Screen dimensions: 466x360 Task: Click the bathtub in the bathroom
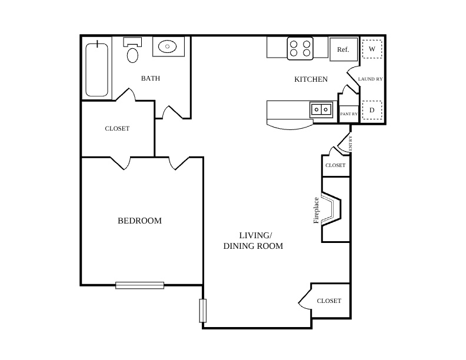coord(96,70)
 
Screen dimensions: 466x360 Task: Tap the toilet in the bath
coord(132,50)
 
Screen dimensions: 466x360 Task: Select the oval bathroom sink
coord(167,46)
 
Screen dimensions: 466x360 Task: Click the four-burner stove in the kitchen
coord(300,48)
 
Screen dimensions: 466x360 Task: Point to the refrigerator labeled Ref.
coord(344,49)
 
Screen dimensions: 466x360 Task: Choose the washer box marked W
coord(372,49)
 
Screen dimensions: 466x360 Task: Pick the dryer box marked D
coord(372,110)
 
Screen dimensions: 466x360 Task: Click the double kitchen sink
coord(321,109)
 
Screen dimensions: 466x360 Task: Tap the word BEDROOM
coord(139,221)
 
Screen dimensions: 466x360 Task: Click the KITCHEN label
coord(311,79)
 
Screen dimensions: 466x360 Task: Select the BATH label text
coord(151,78)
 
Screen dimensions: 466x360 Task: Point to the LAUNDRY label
coord(370,79)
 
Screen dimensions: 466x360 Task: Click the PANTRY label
coord(349,114)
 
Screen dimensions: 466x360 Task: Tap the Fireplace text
coord(316,211)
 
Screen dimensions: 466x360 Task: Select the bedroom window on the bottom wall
coord(139,285)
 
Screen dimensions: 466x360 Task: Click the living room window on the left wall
coord(202,311)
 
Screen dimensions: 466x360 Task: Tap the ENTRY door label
coord(351,143)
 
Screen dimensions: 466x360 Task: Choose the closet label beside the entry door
coord(335,165)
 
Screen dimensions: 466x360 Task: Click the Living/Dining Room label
coord(253,241)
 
